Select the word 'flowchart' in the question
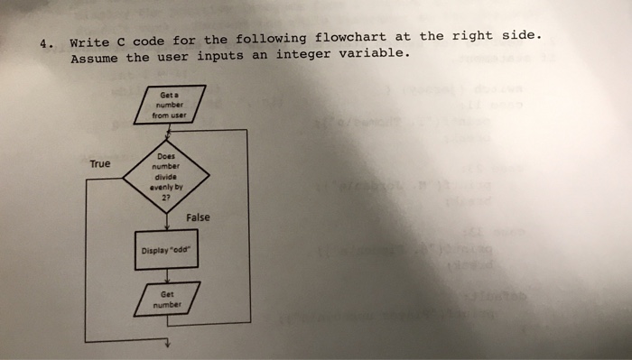click(352, 38)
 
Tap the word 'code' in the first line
click(154, 41)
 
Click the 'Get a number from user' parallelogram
click(169, 105)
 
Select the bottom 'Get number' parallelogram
click(167, 299)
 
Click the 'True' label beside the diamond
click(100, 164)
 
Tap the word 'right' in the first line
click(472, 36)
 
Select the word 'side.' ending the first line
click(525, 35)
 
